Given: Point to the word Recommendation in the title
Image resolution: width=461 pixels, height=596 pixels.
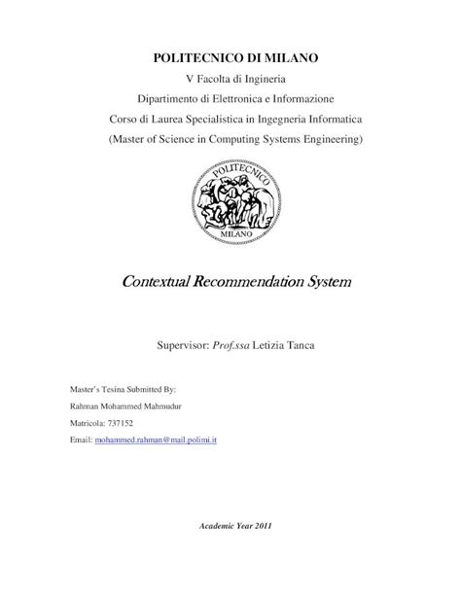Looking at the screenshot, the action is pos(256,284).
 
